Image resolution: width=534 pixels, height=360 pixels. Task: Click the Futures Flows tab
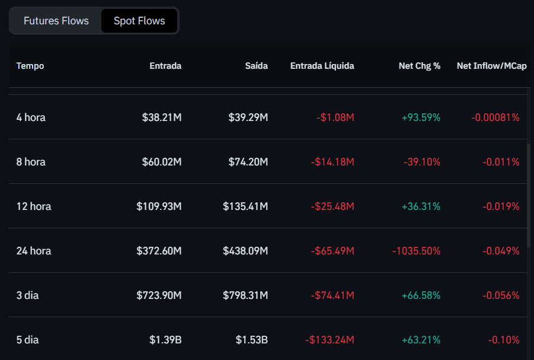pos(56,21)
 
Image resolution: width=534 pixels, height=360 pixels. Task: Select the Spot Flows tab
pos(139,21)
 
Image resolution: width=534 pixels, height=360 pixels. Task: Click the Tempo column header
pos(30,66)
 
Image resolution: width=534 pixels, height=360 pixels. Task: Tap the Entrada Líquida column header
pos(322,66)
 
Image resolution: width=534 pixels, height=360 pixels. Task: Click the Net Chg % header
pos(419,66)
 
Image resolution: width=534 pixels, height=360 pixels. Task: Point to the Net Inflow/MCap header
pos(491,66)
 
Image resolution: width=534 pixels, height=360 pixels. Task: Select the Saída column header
pos(256,66)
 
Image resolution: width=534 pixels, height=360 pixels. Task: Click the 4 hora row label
pos(31,117)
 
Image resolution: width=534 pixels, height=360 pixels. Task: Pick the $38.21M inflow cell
pos(162,117)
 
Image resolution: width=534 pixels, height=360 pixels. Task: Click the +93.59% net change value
pos(421,117)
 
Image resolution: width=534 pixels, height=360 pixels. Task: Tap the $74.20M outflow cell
pos(248,162)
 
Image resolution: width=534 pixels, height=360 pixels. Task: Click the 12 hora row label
pos(34,206)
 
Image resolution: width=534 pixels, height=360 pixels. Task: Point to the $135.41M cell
pos(245,206)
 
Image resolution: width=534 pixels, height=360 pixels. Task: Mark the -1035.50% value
pos(416,251)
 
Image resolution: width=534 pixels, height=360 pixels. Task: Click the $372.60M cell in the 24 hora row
pos(159,251)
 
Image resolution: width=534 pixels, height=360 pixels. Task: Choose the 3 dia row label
pos(27,295)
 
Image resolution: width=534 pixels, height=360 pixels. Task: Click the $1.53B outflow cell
pos(251,340)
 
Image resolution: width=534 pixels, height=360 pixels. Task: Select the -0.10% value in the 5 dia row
pos(503,340)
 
